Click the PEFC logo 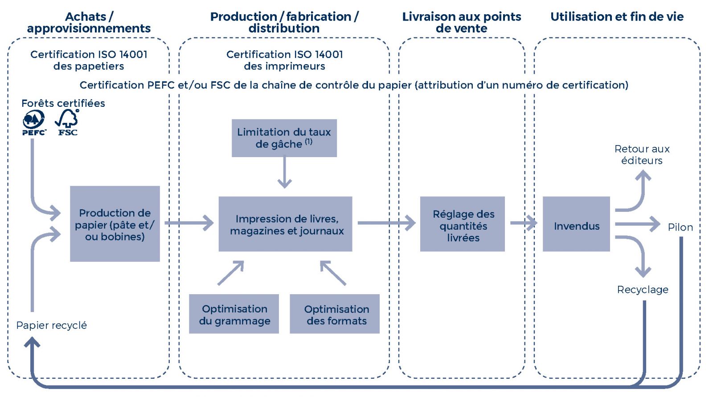[34, 122]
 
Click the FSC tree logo [67, 122]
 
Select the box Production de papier [115, 224]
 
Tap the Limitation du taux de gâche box [284, 138]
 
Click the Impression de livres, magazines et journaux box [285, 224]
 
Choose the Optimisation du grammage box [234, 314]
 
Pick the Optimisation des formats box [335, 314]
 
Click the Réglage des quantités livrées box [462, 224]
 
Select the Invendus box [576, 224]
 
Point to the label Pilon [680, 227]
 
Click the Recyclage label [643, 290]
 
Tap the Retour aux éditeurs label [642, 154]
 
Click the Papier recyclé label [51, 325]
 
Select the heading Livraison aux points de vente [461, 22]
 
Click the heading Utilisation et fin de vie [617, 17]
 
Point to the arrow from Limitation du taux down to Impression [284, 173]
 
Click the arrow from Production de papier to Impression [190, 223]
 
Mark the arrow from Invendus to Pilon [637, 224]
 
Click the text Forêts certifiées [63, 103]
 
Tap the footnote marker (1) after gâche [308, 142]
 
